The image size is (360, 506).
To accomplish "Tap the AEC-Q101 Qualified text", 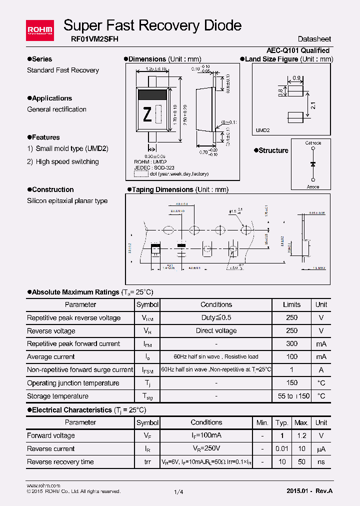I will point(298,50).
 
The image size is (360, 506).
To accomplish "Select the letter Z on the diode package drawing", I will point(147,115).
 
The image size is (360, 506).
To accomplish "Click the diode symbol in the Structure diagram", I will point(313,164).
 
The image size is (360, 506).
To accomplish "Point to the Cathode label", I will point(313,143).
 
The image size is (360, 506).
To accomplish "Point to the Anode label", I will point(313,186).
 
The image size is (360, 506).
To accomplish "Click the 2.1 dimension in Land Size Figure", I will point(312,105).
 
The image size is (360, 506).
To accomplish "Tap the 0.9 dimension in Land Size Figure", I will point(296,78).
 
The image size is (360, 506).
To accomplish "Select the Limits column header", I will point(291,304).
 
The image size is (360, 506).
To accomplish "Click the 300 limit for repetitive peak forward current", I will point(291,344).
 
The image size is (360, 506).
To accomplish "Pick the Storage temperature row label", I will point(57,396).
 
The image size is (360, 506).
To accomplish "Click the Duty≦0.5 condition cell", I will point(216,317).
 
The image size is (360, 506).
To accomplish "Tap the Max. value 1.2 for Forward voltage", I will point(301,435).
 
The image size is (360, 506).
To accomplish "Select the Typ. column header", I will point(282,422).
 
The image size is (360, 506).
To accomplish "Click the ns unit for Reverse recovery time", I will point(321,461).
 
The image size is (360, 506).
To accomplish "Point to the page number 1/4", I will point(178,492).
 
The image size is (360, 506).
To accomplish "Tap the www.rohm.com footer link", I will point(43,485).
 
